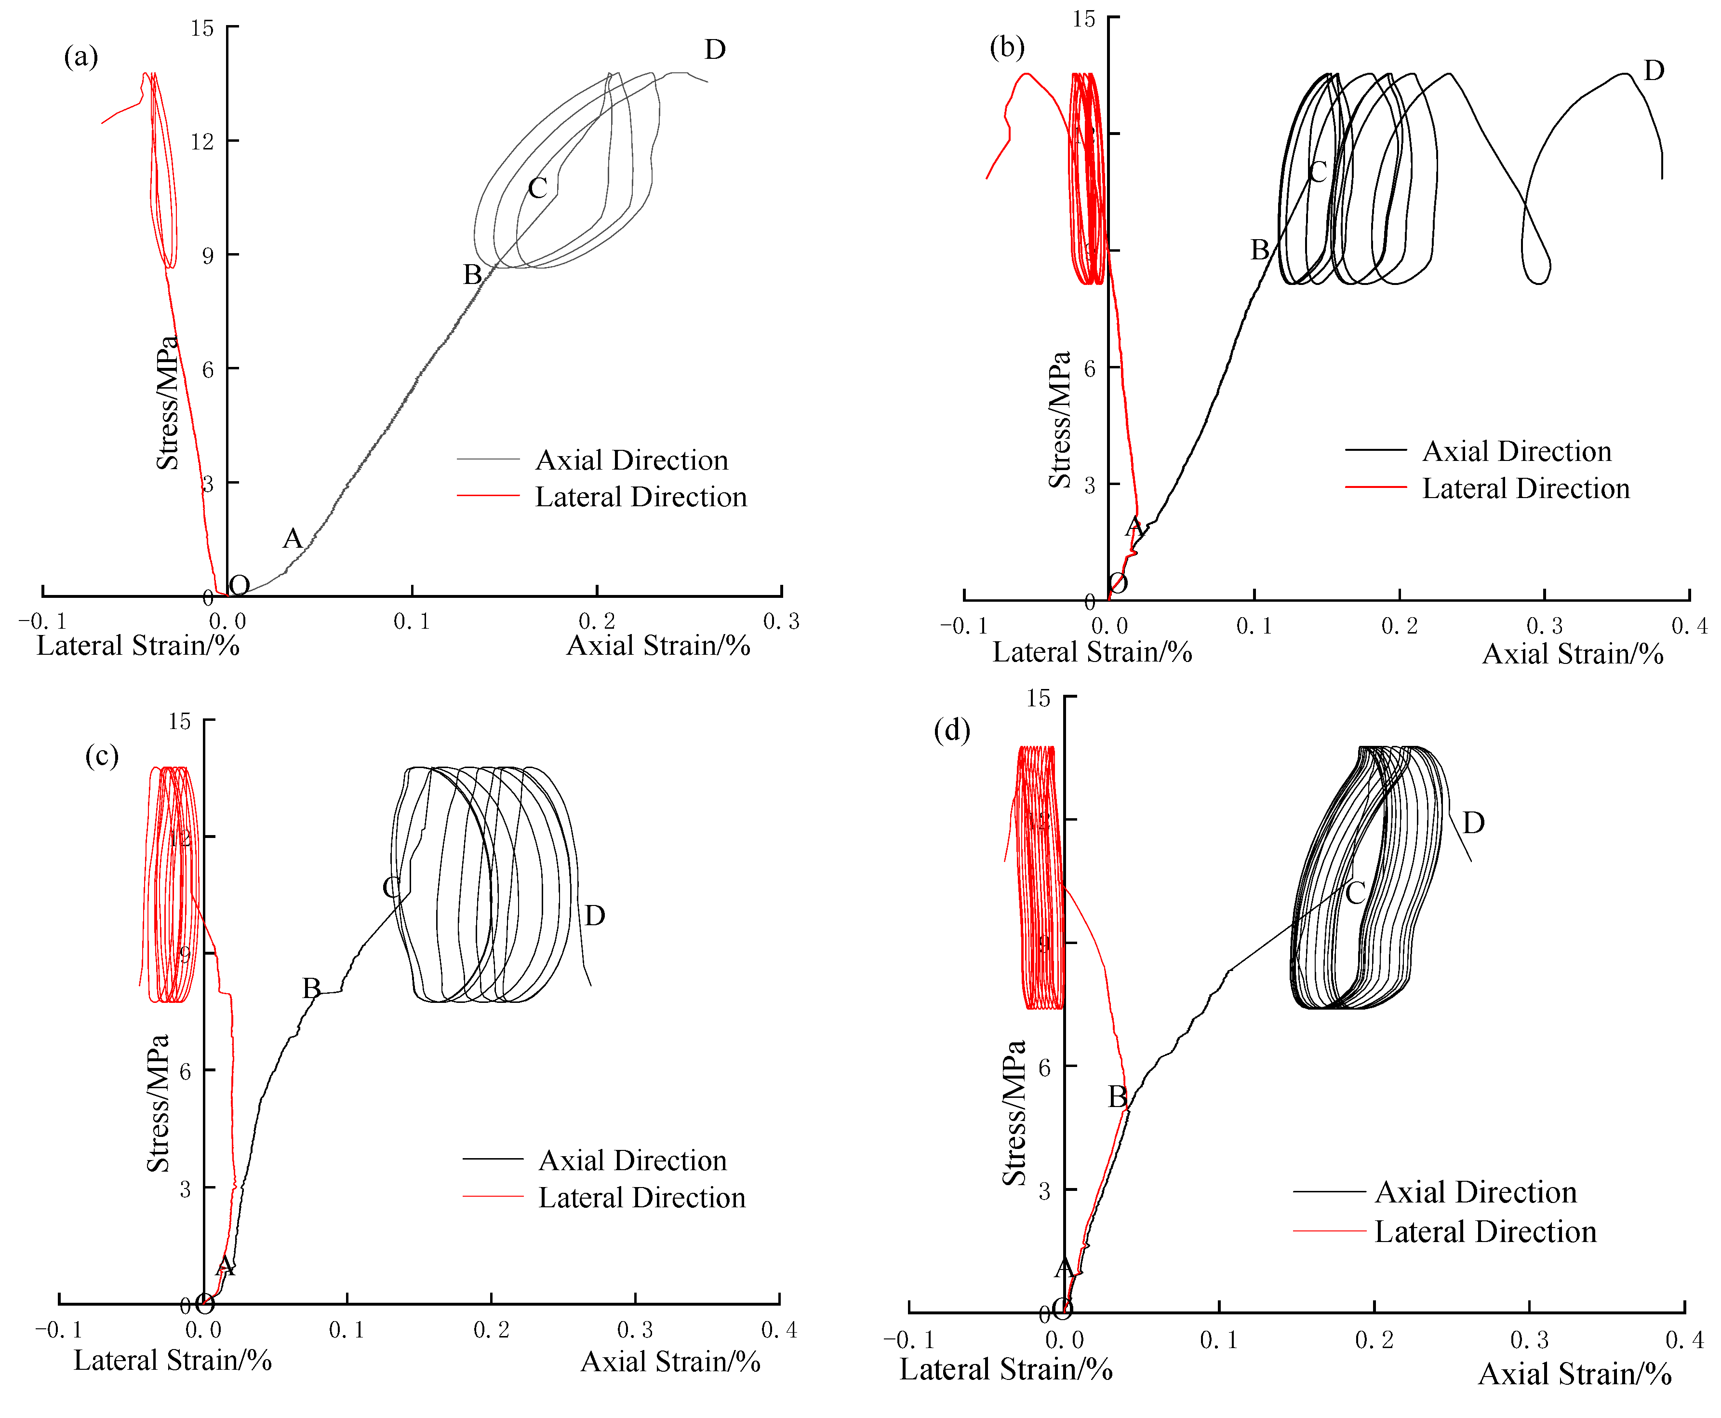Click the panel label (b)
1007,47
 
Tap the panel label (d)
952,729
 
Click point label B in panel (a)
472,274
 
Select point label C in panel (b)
1318,172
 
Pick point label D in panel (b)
1653,71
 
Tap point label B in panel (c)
311,988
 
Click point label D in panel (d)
1473,823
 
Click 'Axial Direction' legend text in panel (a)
631,460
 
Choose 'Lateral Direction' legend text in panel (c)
642,1198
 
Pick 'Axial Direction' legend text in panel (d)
1475,1192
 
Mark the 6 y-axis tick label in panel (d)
1044,1067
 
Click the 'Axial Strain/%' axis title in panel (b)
1573,654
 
